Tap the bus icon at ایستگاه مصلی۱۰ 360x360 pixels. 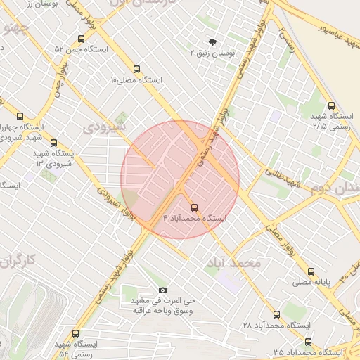(x=136, y=70)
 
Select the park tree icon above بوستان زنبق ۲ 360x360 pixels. (x=213, y=41)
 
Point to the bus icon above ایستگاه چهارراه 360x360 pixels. (x=19, y=116)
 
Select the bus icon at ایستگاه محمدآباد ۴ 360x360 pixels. (x=195, y=207)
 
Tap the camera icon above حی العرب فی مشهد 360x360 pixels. (x=163, y=290)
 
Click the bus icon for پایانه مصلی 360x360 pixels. (x=311, y=271)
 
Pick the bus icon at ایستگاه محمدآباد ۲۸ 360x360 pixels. (x=276, y=314)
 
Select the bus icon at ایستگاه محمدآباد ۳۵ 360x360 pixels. (x=308, y=341)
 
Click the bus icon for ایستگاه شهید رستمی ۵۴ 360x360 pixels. (x=75, y=333)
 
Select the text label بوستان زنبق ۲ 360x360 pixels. (x=213, y=53)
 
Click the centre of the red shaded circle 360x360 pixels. (x=180, y=179)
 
